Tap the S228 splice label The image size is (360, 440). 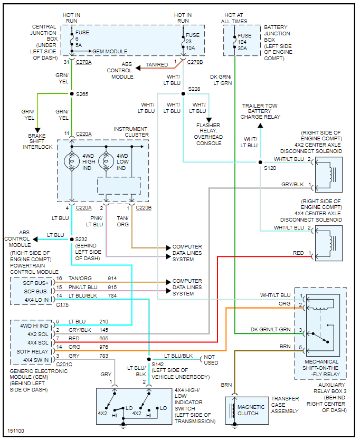point(194,89)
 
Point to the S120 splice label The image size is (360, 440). point(270,168)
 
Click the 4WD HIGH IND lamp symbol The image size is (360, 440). point(72,160)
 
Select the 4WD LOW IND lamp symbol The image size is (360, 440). point(106,160)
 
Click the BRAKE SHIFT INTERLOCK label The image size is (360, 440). point(37,141)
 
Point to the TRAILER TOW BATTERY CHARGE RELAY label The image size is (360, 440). point(261,111)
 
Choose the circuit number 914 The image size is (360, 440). point(112,278)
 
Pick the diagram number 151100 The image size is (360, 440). point(16,431)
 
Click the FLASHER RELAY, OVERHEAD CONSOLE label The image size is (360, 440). point(209,135)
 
